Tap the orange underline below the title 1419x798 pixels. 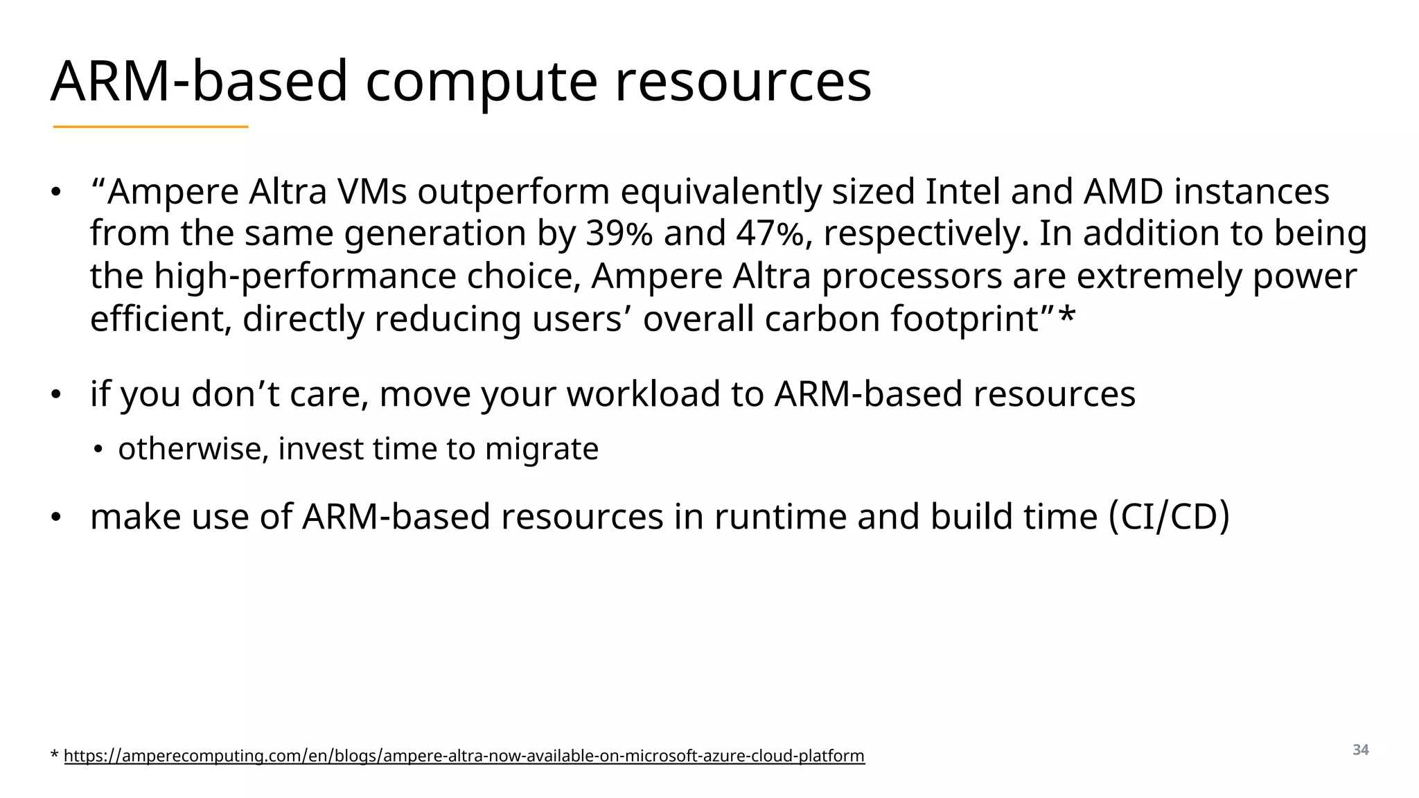coord(150,127)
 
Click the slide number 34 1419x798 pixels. coord(1360,750)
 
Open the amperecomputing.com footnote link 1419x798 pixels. coord(464,756)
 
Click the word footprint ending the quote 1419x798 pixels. coord(971,320)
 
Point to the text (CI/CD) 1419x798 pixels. coord(1169,517)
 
